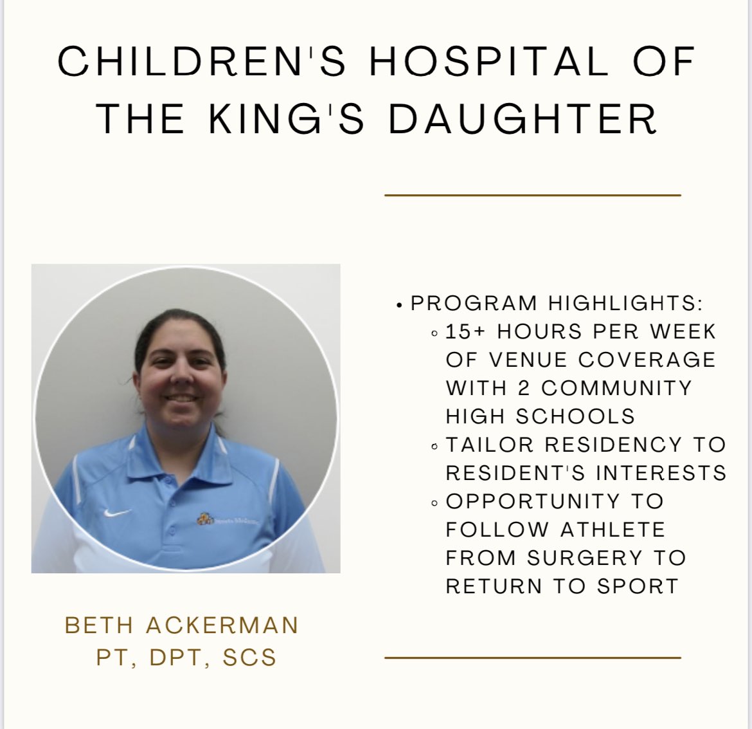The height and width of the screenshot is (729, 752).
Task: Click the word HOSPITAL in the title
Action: tap(488, 62)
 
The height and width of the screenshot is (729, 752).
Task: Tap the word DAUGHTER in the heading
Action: tap(523, 119)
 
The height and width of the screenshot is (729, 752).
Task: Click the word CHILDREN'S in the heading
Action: tap(202, 62)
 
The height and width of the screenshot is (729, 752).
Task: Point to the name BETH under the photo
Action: tap(99, 625)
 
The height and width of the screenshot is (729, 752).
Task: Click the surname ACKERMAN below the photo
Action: tap(222, 625)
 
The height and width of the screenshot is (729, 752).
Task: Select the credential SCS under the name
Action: tap(249, 658)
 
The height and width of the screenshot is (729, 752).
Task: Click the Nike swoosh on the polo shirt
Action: tap(118, 513)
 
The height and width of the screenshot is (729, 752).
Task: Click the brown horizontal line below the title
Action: tap(532, 194)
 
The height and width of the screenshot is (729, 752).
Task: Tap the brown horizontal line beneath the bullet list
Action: tap(532, 658)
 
